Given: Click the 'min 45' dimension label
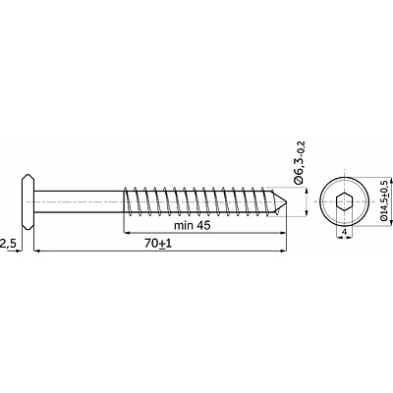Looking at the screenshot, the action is pos(193,226).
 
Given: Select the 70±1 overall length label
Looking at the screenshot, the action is pos(158,244).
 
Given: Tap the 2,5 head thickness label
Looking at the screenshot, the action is pos(8,244).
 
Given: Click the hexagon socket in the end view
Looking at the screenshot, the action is pos(344,201).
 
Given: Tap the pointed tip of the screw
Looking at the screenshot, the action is pos(286,201).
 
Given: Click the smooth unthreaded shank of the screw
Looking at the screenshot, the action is pos(80,201).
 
